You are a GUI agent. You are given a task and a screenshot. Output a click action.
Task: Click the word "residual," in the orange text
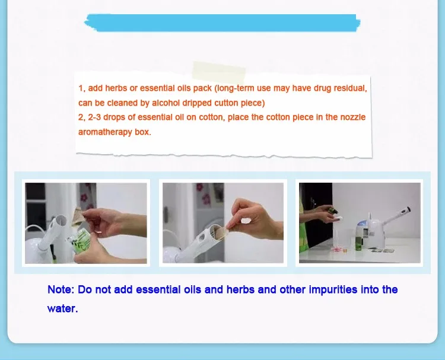coord(350,88)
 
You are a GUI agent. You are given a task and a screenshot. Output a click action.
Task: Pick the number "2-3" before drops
coord(94,117)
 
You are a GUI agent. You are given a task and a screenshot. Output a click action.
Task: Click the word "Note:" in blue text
coord(61,289)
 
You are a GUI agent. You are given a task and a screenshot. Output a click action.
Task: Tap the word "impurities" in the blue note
coord(333,289)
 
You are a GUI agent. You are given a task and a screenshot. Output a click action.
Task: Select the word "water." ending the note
coord(62,308)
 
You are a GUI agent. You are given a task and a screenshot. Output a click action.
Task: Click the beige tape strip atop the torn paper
coord(219,72)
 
